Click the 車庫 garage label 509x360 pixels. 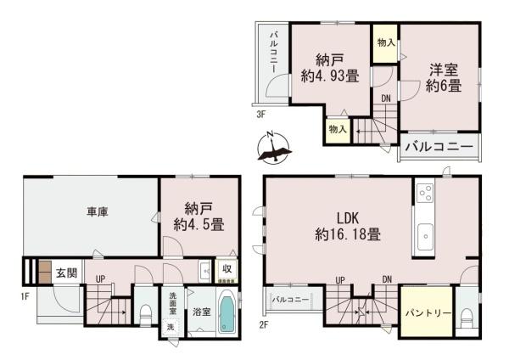coord(96,212)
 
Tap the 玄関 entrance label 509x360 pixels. coord(66,273)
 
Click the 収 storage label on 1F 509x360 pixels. coord(227,269)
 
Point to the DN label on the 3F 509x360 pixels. coord(385,98)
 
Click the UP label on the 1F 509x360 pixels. coord(100,278)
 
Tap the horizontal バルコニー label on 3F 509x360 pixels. coord(438,146)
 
